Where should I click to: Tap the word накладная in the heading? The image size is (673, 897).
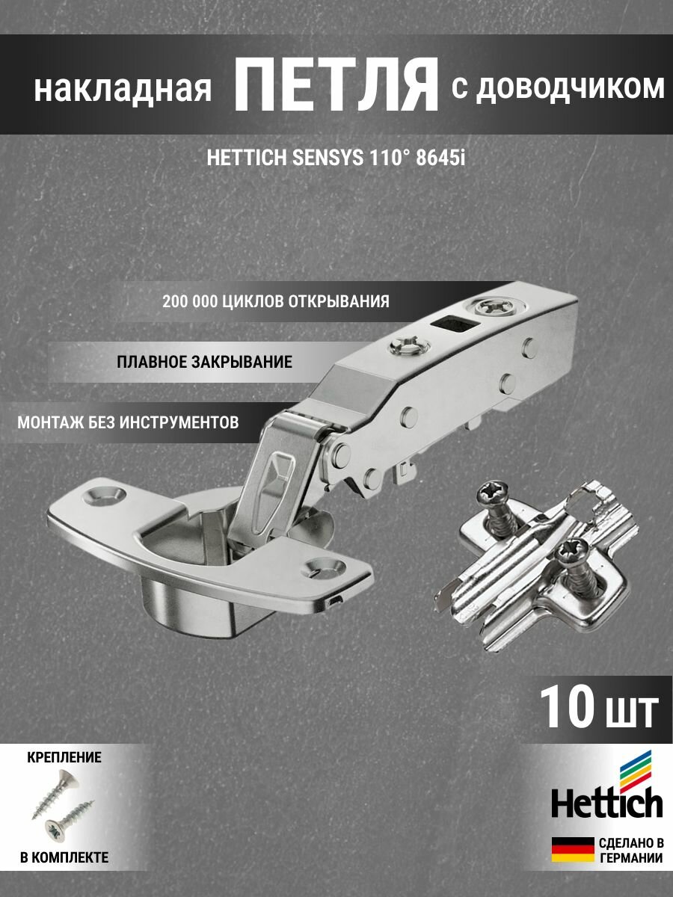point(122,90)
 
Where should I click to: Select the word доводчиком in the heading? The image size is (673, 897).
point(570,88)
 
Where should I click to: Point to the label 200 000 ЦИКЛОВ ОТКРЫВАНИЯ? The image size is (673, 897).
point(275,302)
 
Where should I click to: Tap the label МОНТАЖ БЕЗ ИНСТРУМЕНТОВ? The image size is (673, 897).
point(129,422)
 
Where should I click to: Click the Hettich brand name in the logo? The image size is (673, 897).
point(606,804)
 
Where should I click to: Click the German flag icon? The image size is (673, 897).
point(572,850)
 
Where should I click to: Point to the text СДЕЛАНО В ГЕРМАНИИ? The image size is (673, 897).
point(630,851)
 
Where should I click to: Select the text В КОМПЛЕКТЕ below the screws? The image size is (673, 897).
point(64,857)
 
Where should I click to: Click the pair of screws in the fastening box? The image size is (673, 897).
point(60,807)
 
